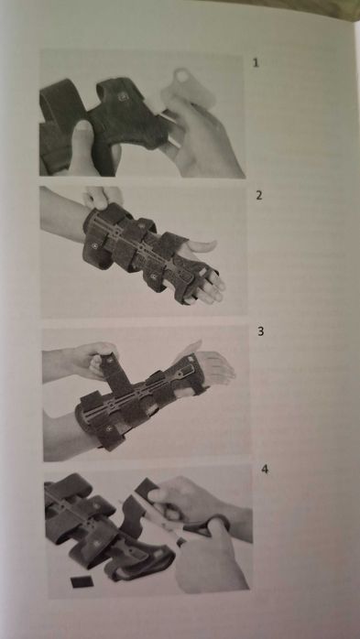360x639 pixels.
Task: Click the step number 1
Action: click(x=256, y=63)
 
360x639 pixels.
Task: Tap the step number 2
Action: click(x=259, y=196)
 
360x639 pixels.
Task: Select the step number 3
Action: click(x=260, y=331)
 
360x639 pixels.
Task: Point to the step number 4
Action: click(x=265, y=469)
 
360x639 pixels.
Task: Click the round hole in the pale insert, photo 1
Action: click(x=182, y=75)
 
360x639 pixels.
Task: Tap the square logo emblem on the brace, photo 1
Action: click(x=123, y=97)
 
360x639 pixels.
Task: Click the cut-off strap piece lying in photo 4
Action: click(x=82, y=582)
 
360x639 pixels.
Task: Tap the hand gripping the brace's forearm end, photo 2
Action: click(x=102, y=197)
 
